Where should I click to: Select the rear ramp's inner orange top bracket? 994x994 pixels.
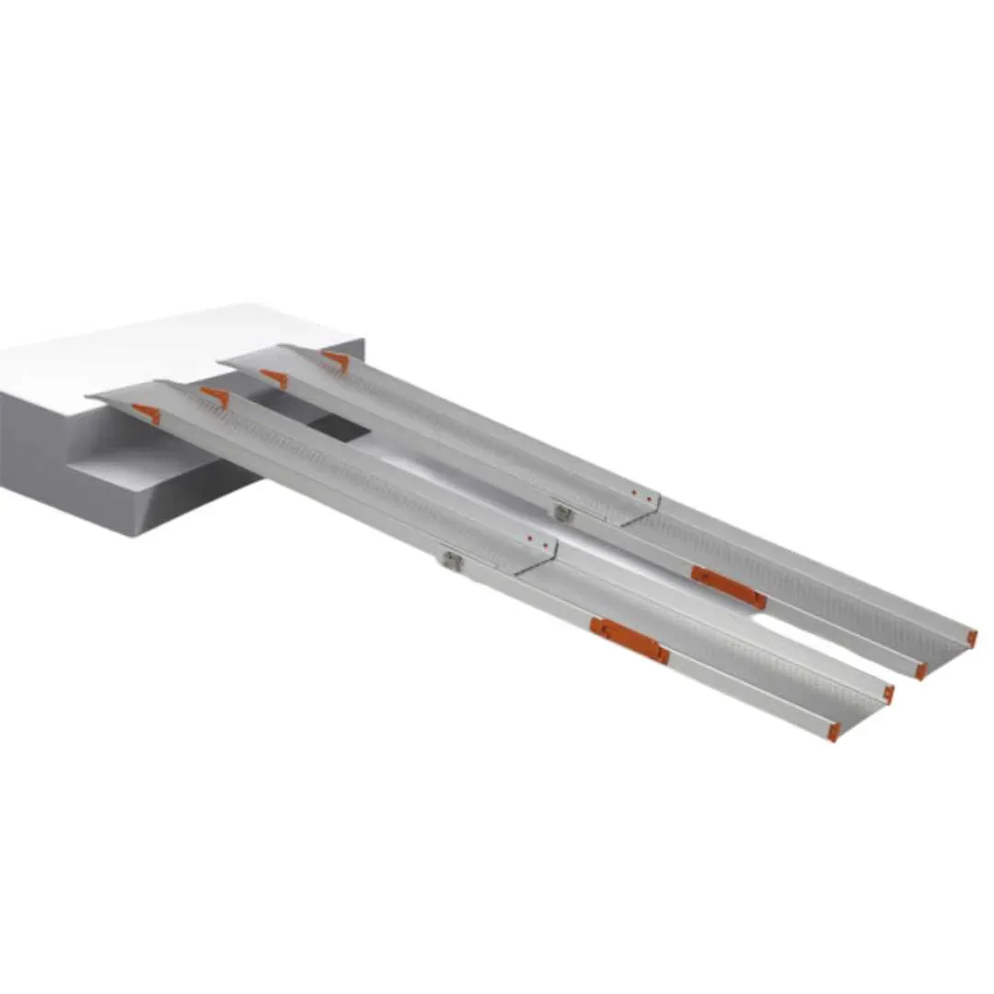273,378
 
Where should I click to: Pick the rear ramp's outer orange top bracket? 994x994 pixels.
336,361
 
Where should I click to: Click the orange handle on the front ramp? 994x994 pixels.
630,641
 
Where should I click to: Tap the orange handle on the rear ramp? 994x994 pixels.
728,587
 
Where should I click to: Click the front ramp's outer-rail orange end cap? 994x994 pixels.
833,732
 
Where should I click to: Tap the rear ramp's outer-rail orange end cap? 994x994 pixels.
971,637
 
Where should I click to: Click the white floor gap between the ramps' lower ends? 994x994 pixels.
810,644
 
